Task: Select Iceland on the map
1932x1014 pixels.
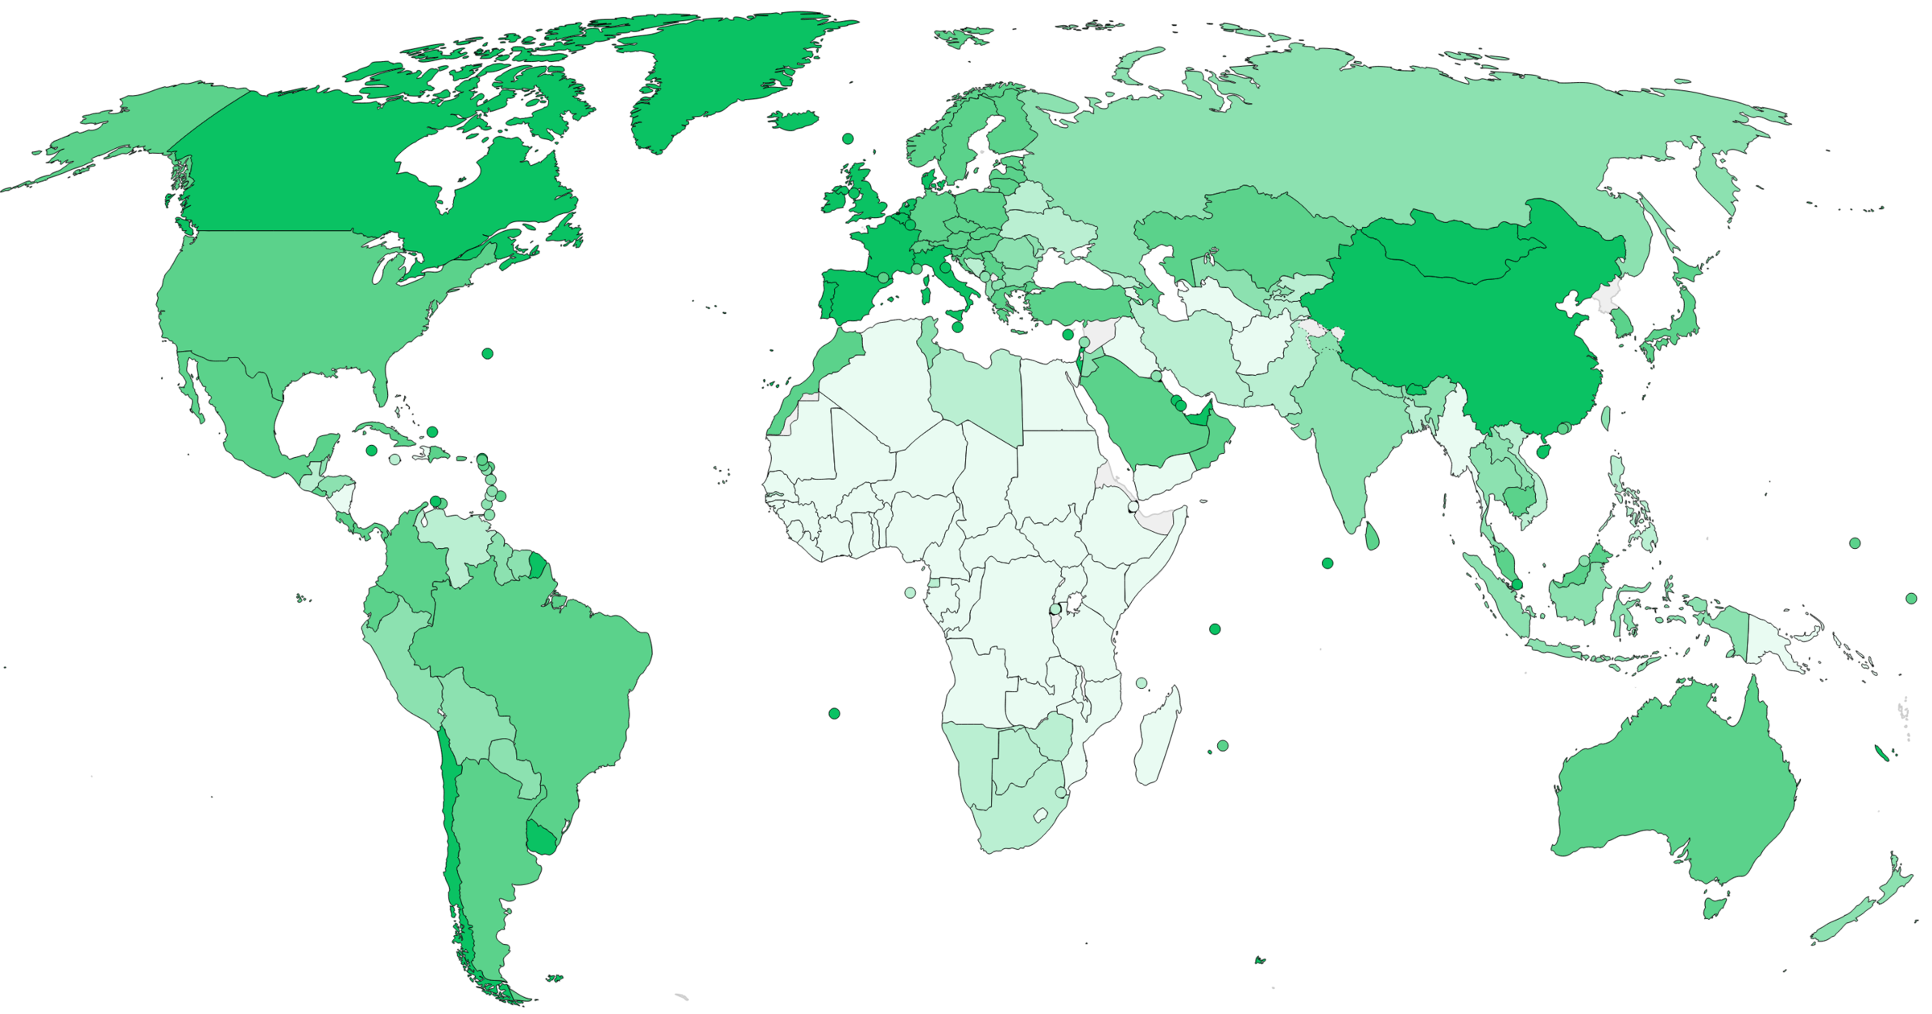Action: pyautogui.click(x=794, y=121)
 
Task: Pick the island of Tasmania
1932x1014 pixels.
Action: pyautogui.click(x=1715, y=907)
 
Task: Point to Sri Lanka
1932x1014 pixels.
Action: pyautogui.click(x=1372, y=535)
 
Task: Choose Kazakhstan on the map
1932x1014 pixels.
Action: pyautogui.click(x=1256, y=233)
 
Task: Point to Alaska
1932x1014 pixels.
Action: pyautogui.click(x=161, y=129)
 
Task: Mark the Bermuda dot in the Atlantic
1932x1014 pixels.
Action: pyautogui.click(x=487, y=353)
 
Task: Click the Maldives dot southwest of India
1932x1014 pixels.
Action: pyautogui.click(x=1327, y=563)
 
